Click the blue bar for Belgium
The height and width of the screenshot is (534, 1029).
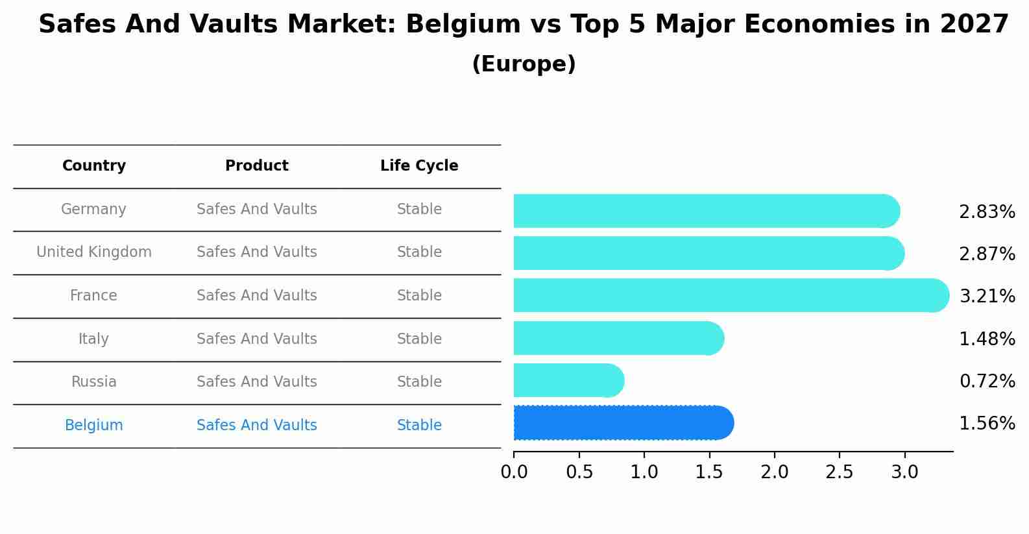point(623,423)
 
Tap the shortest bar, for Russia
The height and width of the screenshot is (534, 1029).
point(568,380)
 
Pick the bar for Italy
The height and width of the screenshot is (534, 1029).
point(618,338)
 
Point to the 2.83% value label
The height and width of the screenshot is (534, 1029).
point(987,212)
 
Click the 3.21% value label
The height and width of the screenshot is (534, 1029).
point(987,297)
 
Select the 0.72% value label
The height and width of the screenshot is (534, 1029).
point(987,382)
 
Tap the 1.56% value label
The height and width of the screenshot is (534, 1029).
point(987,424)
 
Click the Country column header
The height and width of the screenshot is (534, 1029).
point(94,166)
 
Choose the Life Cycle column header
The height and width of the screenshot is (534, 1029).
point(419,166)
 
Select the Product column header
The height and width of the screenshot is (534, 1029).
point(257,166)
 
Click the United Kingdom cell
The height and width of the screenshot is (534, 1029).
point(94,252)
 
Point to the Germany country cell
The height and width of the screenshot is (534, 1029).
point(94,210)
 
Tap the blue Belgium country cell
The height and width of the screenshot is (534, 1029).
point(94,426)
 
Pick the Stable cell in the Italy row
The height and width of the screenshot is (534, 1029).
point(419,339)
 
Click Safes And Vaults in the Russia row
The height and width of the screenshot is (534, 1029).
point(257,382)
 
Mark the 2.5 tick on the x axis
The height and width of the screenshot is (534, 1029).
point(839,472)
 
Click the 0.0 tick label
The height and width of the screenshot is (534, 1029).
point(514,472)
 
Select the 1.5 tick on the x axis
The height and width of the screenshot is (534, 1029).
point(709,472)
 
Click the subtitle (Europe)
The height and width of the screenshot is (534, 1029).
point(524,64)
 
